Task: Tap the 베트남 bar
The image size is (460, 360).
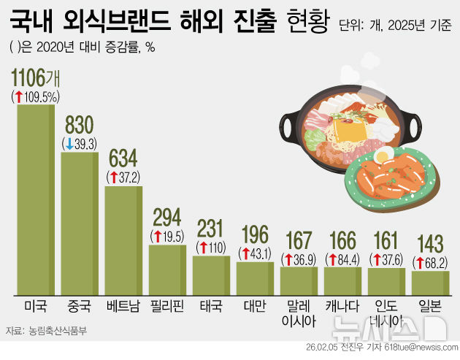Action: coord(123,238)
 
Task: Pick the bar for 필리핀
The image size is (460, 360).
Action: coord(167,267)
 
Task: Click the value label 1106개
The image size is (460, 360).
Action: coord(36,79)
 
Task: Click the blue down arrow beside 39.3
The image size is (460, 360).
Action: coord(69,143)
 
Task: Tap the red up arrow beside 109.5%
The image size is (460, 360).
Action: coord(18,96)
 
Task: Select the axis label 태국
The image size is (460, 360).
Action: coord(211,304)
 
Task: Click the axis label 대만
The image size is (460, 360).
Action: coord(255,304)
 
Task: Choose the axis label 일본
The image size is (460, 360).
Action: coord(429,304)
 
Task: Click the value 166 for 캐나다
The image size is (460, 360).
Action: coord(342,241)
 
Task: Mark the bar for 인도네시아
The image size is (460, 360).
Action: coord(386,280)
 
